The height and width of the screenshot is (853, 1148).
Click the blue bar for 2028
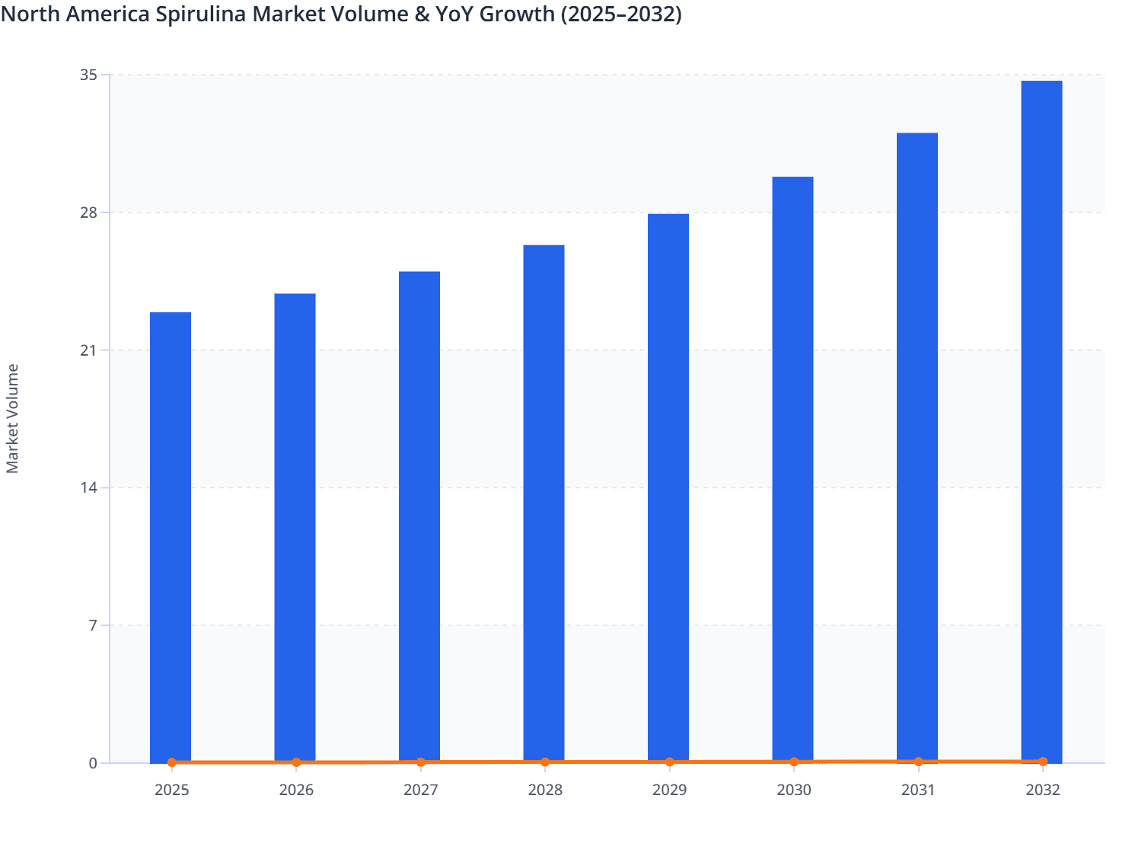click(x=544, y=503)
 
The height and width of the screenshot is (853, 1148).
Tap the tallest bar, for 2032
click(x=1041, y=419)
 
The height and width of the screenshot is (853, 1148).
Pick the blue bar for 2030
click(x=792, y=468)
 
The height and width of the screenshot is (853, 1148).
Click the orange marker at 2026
click(x=296, y=762)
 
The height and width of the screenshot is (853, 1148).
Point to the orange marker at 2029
click(x=669, y=762)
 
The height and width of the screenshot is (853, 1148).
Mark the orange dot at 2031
click(x=918, y=762)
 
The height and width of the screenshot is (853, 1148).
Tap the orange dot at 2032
click(x=1043, y=761)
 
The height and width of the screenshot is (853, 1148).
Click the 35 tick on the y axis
click(x=89, y=75)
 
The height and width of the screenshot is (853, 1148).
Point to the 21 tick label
click(x=89, y=350)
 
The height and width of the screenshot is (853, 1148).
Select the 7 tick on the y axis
click(x=93, y=625)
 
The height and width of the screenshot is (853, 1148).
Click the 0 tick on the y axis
click(x=93, y=763)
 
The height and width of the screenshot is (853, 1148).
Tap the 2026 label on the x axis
click(x=296, y=790)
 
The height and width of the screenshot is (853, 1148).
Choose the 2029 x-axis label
click(x=669, y=790)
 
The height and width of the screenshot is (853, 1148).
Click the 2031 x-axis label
click(x=918, y=790)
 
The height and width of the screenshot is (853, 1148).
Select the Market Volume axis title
click(x=13, y=419)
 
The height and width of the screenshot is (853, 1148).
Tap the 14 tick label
click(x=89, y=487)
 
